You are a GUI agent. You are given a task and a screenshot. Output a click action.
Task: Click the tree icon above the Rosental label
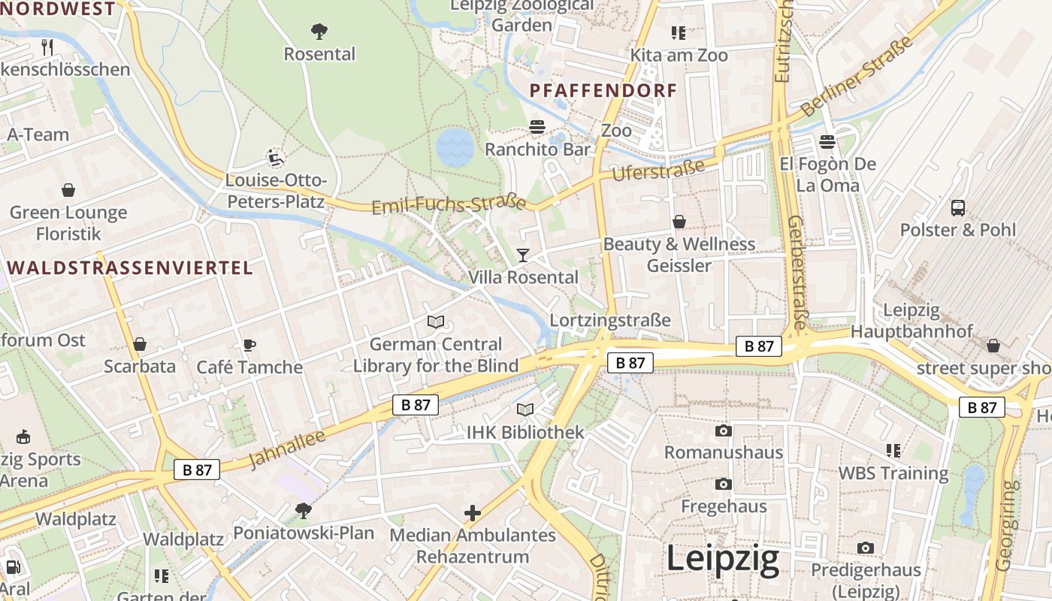pyautogui.click(x=319, y=32)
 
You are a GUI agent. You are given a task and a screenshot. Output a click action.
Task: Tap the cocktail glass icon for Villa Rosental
pyautogui.click(x=523, y=255)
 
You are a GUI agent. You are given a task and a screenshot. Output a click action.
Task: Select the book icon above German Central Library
pyautogui.click(x=435, y=322)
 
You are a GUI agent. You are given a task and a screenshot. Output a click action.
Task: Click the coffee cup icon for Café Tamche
pyautogui.click(x=249, y=345)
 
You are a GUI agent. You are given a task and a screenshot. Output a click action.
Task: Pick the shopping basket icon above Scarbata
pyautogui.click(x=140, y=345)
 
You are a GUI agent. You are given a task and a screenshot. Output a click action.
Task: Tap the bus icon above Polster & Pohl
pyautogui.click(x=958, y=208)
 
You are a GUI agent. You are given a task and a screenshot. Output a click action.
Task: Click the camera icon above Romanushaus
pyautogui.click(x=724, y=430)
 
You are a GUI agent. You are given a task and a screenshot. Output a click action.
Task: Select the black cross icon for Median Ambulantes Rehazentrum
pyautogui.click(x=473, y=513)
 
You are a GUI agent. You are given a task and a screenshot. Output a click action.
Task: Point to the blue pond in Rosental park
pyautogui.click(x=455, y=147)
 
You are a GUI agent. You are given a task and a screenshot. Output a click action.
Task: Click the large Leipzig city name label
pyautogui.click(x=723, y=560)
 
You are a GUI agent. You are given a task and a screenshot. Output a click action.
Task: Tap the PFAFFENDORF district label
pyautogui.click(x=603, y=91)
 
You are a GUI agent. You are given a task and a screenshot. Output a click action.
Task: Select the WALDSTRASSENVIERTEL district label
pyautogui.click(x=130, y=268)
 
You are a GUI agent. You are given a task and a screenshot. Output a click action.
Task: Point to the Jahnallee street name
pyautogui.click(x=286, y=448)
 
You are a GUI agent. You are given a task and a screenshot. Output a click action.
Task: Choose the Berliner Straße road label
pyautogui.click(x=857, y=77)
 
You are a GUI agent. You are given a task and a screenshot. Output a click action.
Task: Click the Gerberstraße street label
pyautogui.click(x=797, y=272)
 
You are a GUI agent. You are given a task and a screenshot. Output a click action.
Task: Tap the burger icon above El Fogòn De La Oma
pyautogui.click(x=827, y=142)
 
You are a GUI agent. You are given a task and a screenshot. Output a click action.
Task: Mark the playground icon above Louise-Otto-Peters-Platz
pyautogui.click(x=277, y=159)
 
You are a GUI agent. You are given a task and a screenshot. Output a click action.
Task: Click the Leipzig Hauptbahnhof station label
pyautogui.click(x=911, y=321)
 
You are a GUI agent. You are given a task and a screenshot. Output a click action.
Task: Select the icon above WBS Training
pyautogui.click(x=893, y=451)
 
